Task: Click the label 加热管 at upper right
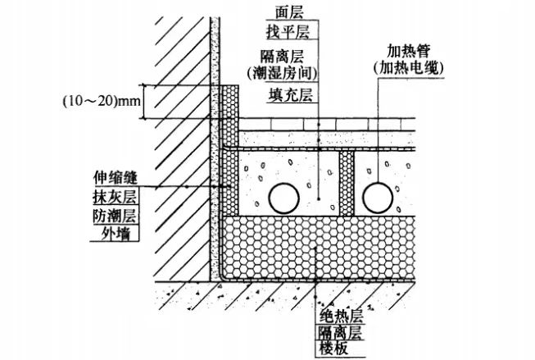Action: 403,49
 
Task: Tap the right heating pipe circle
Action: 382,197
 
